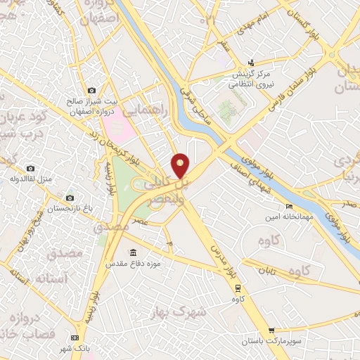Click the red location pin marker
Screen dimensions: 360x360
181,165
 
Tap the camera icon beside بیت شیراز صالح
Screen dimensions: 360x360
92,90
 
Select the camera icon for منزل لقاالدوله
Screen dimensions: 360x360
30,168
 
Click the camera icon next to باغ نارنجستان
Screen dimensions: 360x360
69,198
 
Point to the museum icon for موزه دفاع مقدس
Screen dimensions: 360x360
133,252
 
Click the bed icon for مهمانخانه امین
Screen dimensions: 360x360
289,206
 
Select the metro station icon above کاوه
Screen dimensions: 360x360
238,288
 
